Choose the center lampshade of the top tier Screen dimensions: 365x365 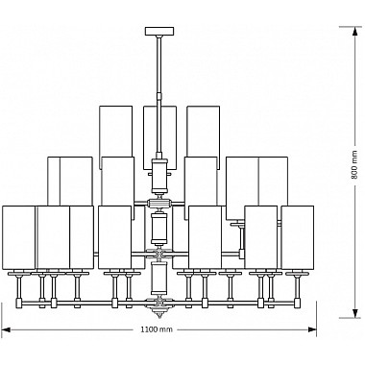click(160, 130)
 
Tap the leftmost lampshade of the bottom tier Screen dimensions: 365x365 click(19, 236)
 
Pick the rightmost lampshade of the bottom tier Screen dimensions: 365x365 click(298, 236)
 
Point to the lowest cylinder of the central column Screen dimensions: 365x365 click(159, 280)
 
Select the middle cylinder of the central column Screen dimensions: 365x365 click(159, 229)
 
